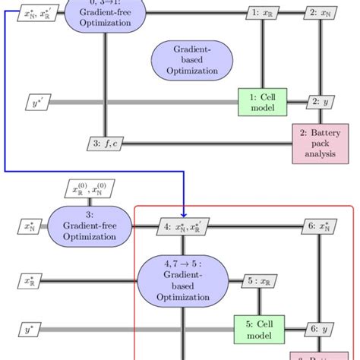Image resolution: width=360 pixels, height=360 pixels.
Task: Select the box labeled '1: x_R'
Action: click(x=263, y=13)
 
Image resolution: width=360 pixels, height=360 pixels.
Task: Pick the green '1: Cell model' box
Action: click(x=262, y=102)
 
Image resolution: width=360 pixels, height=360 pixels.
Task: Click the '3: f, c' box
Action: click(x=105, y=143)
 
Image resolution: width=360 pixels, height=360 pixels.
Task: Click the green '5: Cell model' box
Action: click(x=257, y=329)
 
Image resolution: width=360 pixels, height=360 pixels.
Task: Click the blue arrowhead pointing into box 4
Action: click(x=185, y=215)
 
